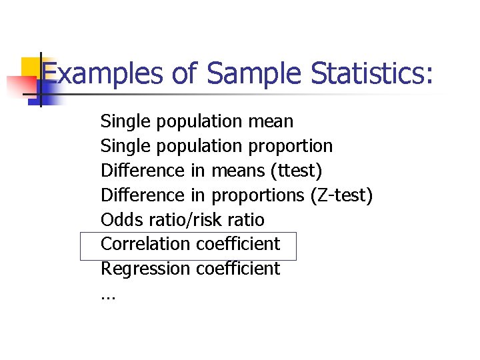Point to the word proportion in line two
point(290,146)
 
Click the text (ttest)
point(296,171)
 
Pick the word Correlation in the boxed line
point(145,244)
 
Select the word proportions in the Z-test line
point(258,195)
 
